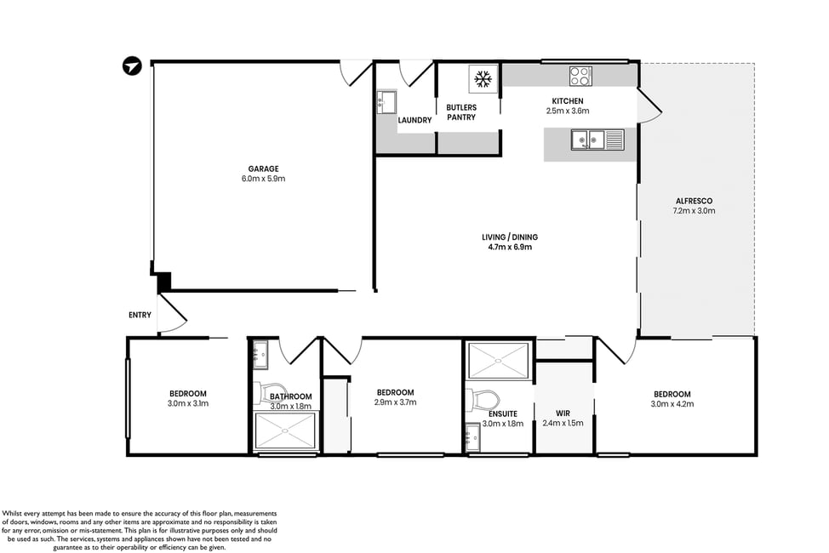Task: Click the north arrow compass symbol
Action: click(132, 66)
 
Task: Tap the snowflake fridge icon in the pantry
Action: click(483, 79)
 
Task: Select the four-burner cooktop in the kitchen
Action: click(580, 76)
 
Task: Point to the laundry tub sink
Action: click(386, 102)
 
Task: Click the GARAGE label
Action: click(263, 168)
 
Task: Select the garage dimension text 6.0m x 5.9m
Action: click(263, 179)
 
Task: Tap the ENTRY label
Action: click(140, 315)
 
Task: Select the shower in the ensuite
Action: click(499, 361)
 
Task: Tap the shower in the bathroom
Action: click(285, 430)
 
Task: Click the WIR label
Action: click(563, 413)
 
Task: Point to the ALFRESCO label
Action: click(695, 201)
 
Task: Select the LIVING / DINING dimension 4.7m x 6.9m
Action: click(510, 247)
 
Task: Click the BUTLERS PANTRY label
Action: click(461, 112)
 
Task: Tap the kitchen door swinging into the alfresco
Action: click(649, 107)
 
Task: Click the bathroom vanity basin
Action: click(260, 354)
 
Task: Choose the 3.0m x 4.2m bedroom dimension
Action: click(672, 404)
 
